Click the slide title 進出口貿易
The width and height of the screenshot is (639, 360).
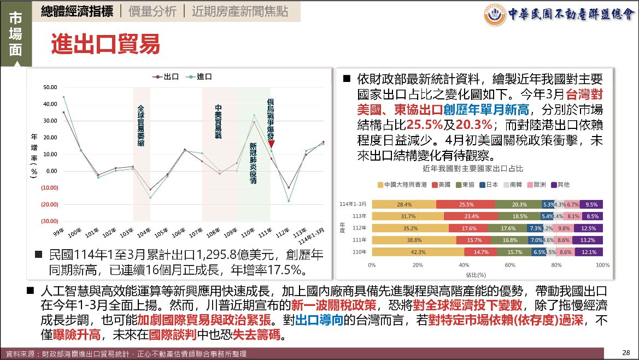pyautogui.click(x=105, y=44)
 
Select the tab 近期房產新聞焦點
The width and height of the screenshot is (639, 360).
pyautogui.click(x=239, y=11)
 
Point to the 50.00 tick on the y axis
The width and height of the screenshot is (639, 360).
pyautogui.click(x=50, y=87)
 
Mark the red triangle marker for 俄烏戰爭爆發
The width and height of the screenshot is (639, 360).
pyautogui.click(x=271, y=144)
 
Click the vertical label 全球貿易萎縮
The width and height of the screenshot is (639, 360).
pyautogui.click(x=141, y=126)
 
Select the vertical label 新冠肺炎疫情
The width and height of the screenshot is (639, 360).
pyautogui.click(x=253, y=163)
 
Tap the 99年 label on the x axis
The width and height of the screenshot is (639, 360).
pyautogui.click(x=58, y=233)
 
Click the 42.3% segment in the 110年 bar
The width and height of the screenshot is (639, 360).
pyautogui.click(x=418, y=252)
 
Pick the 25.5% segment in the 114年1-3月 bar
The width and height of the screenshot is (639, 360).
pyautogui.click(x=466, y=204)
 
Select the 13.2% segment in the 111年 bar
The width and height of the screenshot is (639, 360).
pyautogui.click(x=588, y=240)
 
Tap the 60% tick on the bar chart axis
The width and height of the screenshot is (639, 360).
pyautogui.click(x=510, y=265)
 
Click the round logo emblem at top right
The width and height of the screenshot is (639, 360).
pyautogui.click(x=495, y=14)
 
